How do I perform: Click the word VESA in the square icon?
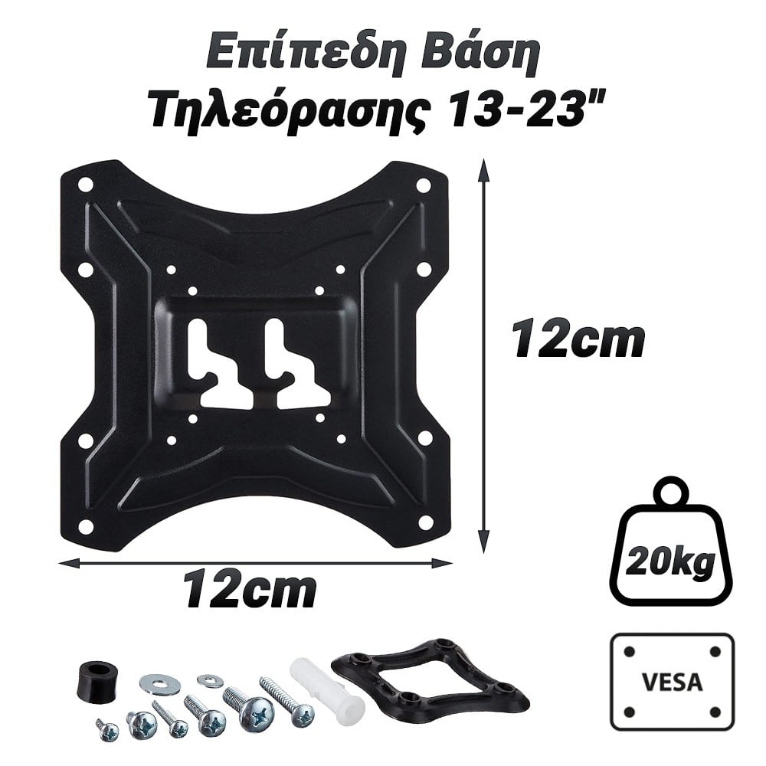(x=673, y=682)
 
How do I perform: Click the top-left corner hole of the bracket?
(x=86, y=185)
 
